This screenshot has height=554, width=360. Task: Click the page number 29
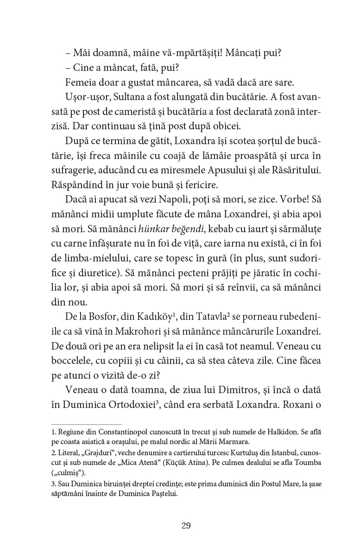pyautogui.click(x=186, y=525)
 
